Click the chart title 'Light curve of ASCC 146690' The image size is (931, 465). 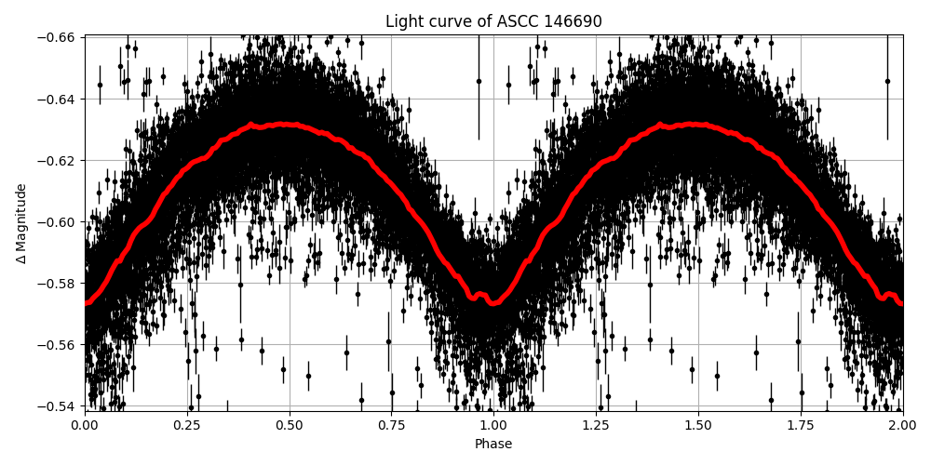pyautogui.click(x=493, y=21)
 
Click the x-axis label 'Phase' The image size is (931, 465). pyautogui.click(x=493, y=445)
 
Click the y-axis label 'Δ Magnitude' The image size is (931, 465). pyautogui.click(x=21, y=222)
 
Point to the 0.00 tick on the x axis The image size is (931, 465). pyautogui.click(x=85, y=425)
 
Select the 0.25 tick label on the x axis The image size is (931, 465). pyautogui.click(x=187, y=425)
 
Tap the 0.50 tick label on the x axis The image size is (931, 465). pyautogui.click(x=290, y=425)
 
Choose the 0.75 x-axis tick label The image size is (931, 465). pyautogui.click(x=391, y=425)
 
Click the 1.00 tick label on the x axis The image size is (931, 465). pyautogui.click(x=493, y=425)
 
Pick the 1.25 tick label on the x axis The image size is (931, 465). pyautogui.click(x=596, y=425)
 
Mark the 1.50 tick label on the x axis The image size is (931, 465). pyautogui.click(x=698, y=425)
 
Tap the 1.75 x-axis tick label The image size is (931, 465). pyautogui.click(x=801, y=425)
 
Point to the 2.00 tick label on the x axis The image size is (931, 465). pyautogui.click(x=902, y=425)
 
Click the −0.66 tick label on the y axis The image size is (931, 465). pyautogui.click(x=58, y=37)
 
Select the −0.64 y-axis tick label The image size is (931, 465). pyautogui.click(x=58, y=99)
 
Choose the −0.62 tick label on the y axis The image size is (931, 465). pyautogui.click(x=58, y=160)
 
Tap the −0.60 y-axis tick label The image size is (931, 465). pyautogui.click(x=58, y=221)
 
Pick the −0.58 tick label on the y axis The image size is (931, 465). pyautogui.click(x=58, y=283)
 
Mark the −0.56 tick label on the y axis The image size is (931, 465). pyautogui.click(x=58, y=344)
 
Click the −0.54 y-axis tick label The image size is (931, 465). pyautogui.click(x=58, y=405)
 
